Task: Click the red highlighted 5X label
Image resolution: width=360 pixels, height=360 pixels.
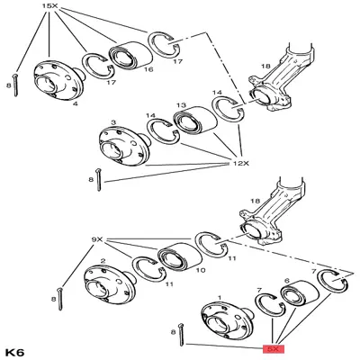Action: (272, 346)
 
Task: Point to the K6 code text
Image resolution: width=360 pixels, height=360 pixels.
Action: (15, 350)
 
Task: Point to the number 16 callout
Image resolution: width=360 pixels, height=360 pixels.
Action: (148, 68)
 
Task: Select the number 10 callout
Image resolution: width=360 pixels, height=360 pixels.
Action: (200, 270)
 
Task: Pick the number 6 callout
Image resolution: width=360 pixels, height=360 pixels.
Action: (287, 281)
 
